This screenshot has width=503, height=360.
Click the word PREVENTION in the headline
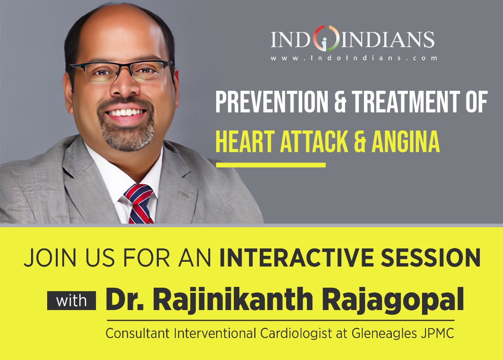click(272, 101)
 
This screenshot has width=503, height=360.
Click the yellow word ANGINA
click(406, 142)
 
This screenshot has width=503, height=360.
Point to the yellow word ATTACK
click(314, 142)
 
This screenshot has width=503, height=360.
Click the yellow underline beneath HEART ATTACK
click(271, 165)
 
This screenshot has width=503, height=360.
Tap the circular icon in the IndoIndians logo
click(326, 39)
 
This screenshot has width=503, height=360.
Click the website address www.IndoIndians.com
click(354, 58)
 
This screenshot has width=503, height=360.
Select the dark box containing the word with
click(72, 301)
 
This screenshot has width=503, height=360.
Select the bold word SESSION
click(430, 257)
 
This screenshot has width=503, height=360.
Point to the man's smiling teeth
click(127, 112)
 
